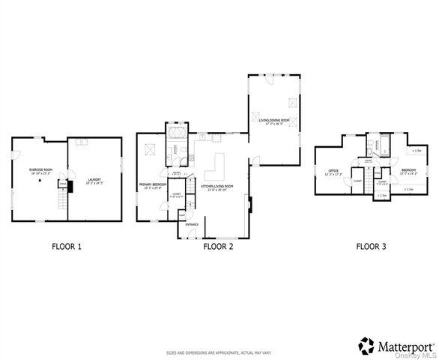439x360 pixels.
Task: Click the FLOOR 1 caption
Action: tap(67, 245)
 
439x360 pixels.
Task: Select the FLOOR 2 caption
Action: tap(219, 245)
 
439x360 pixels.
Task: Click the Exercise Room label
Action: tap(40, 170)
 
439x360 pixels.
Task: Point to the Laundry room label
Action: tap(94, 180)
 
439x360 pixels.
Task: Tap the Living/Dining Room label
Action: tap(273, 120)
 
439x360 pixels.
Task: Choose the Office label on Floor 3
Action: tap(333, 172)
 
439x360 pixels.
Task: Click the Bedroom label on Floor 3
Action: tap(408, 171)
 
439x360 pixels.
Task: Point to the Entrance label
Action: tap(192, 223)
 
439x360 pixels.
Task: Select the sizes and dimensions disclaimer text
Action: tap(219, 351)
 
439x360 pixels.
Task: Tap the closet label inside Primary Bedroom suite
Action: tap(176, 195)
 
